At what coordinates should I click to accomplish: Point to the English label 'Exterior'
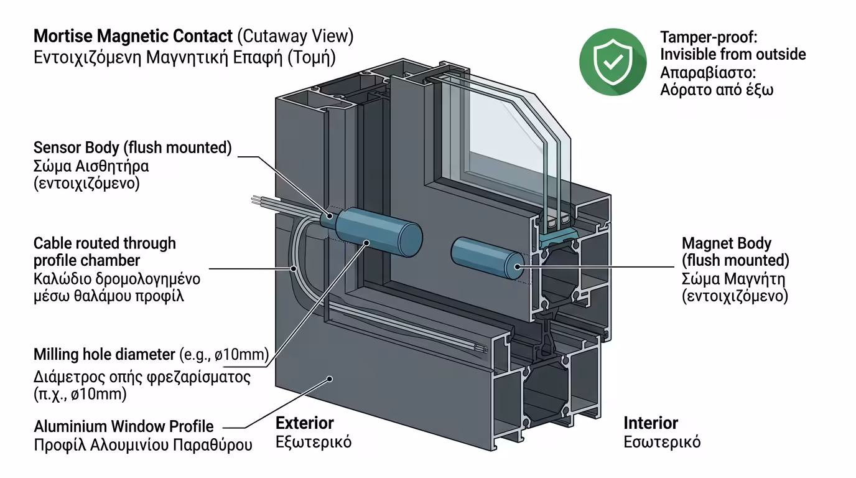(x=305, y=423)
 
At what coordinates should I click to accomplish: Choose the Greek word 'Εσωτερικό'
(x=662, y=443)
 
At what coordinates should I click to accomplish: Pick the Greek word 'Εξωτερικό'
(x=314, y=443)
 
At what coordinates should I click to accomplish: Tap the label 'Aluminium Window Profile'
(x=123, y=427)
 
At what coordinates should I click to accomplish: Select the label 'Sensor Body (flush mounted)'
(x=132, y=148)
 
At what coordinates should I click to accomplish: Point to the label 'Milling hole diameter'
(x=105, y=355)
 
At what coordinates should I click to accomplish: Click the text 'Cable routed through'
(x=105, y=243)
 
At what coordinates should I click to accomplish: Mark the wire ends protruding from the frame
(x=258, y=200)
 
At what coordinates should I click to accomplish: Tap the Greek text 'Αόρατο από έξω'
(x=716, y=89)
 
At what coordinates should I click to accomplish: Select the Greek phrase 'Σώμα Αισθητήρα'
(x=91, y=167)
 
